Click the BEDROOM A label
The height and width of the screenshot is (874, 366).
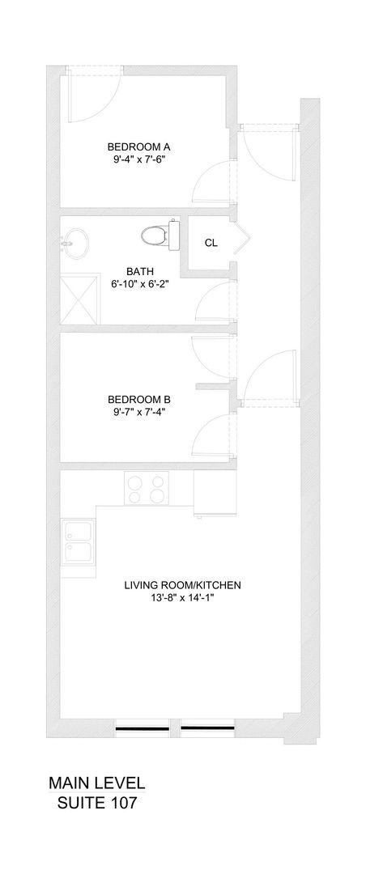143,146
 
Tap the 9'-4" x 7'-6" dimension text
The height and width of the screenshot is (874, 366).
143,160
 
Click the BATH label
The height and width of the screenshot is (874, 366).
140,271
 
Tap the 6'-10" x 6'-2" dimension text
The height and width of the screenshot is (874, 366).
140,284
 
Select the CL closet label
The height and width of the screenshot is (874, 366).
211,242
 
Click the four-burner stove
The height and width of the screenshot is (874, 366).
147,488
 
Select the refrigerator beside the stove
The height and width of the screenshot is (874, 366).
215,494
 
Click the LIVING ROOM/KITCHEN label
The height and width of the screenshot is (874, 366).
183,584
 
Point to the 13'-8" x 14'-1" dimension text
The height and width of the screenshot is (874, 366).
183,598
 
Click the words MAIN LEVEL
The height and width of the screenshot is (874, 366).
96,783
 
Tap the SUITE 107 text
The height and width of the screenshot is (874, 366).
96,803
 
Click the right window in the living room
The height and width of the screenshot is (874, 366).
207,727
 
